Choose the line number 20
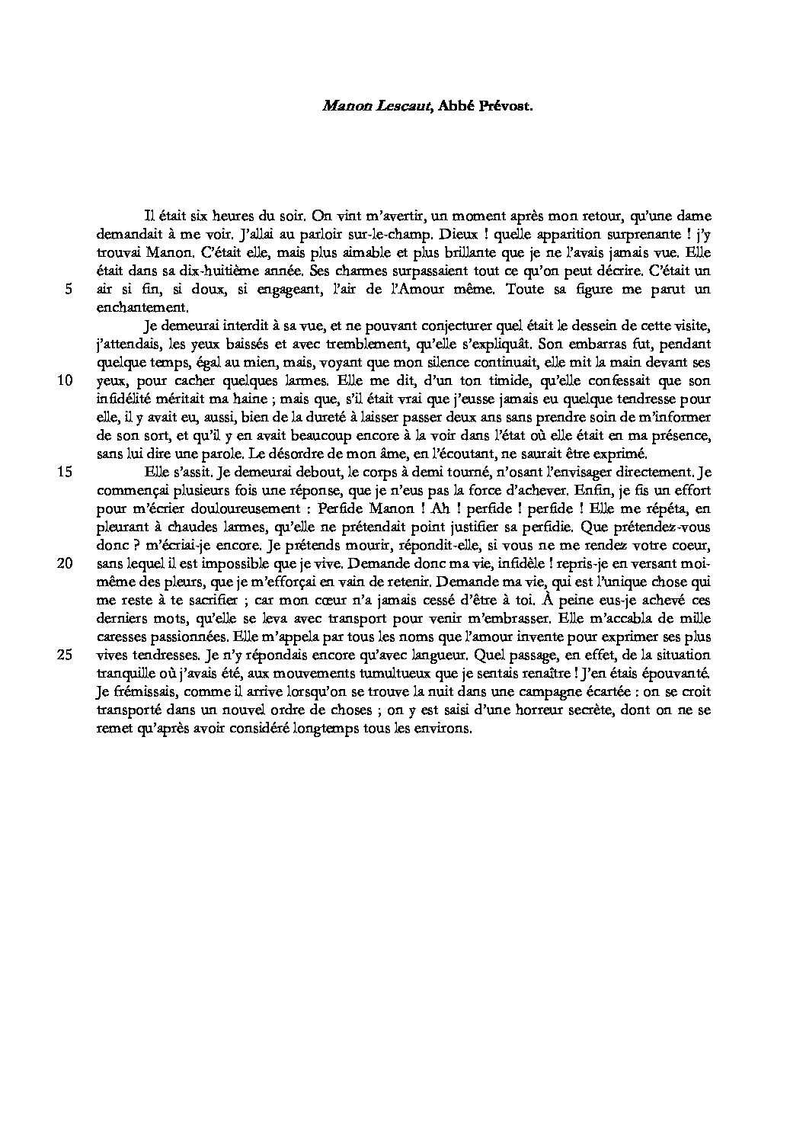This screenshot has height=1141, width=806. (66, 563)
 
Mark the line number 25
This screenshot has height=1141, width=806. (66, 655)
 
